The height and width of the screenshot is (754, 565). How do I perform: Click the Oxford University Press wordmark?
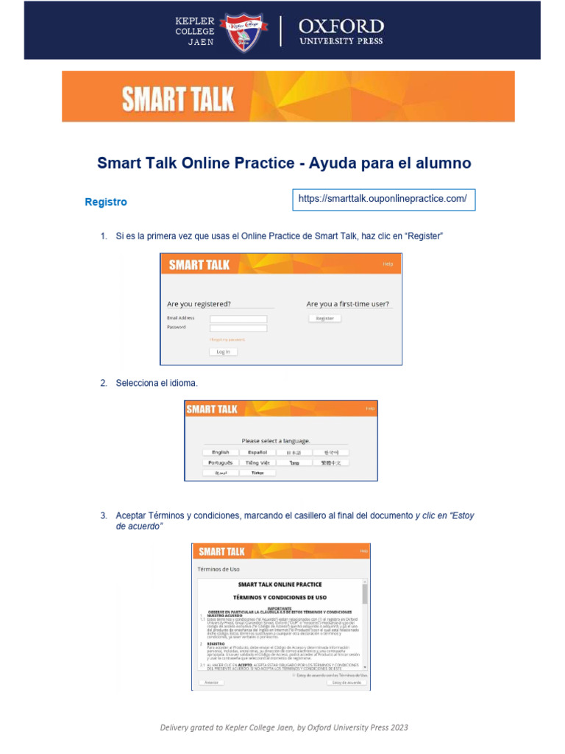click(341, 32)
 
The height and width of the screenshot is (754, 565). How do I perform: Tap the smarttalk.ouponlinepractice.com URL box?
click(383, 199)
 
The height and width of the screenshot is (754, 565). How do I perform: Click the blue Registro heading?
click(106, 202)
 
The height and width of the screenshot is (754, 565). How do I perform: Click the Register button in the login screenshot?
click(324, 318)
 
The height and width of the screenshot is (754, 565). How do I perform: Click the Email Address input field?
click(238, 318)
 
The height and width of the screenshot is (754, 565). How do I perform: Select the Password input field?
click(238, 327)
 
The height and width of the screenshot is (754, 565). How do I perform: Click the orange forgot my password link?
click(227, 339)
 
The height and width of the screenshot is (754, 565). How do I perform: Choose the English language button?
click(221, 452)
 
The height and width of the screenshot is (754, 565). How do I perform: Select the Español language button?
click(257, 452)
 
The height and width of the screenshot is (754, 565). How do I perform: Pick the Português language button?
click(221, 462)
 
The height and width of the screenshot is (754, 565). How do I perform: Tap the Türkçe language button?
click(257, 473)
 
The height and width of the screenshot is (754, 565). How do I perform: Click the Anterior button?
click(211, 683)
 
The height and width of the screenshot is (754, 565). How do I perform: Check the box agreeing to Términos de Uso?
click(294, 674)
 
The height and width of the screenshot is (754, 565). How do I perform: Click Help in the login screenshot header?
click(388, 264)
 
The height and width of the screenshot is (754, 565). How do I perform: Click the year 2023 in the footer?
click(400, 727)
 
